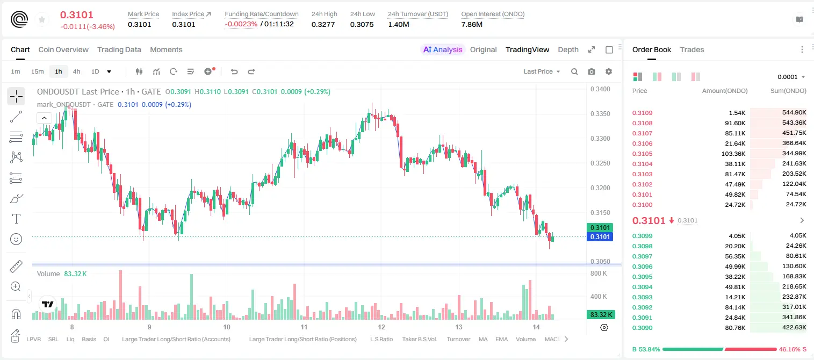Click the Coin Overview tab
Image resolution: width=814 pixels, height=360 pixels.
coord(63,49)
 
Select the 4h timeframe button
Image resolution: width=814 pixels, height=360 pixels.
coord(76,71)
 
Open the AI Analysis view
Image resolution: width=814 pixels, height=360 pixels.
coord(443,49)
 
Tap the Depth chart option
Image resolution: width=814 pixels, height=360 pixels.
coord(568,49)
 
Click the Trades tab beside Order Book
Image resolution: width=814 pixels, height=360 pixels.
coord(691,49)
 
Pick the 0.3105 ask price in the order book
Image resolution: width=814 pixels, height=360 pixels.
coord(642,154)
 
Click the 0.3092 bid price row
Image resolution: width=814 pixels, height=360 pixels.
coord(642,307)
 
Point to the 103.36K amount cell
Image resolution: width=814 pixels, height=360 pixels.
coord(733,154)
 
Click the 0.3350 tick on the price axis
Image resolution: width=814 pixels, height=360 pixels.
coord(600,114)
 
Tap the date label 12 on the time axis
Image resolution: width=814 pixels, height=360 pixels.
coord(381,327)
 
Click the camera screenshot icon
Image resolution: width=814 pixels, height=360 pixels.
coord(591,71)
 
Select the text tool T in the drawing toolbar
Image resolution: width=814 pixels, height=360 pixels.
coord(16,219)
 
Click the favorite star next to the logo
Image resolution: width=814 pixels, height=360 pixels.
coord(42,20)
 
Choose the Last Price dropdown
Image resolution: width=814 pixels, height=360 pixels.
coord(542,71)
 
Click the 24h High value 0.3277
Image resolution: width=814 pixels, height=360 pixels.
coord(323,24)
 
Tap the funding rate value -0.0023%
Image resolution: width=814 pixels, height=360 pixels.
coord(241,24)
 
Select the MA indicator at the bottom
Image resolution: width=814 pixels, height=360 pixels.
coord(483,339)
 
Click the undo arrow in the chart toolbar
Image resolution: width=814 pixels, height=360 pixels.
coord(234,71)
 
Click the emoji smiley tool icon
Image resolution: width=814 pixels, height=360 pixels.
coord(16,239)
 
